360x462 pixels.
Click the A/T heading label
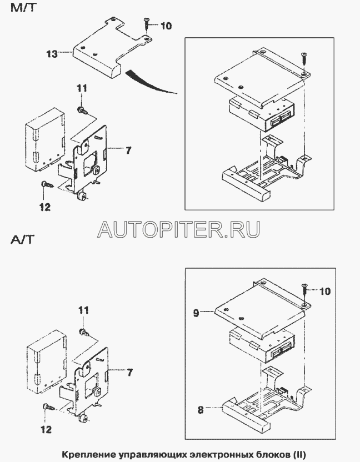tap(21, 240)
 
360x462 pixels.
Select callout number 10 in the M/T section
tap(167, 26)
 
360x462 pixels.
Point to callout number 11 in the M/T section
tap(82, 88)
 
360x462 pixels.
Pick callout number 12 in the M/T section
tap(44, 207)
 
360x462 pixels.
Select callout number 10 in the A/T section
tap(324, 290)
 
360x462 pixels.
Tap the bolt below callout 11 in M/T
tap(82, 110)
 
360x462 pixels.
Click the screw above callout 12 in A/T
tap(47, 407)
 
